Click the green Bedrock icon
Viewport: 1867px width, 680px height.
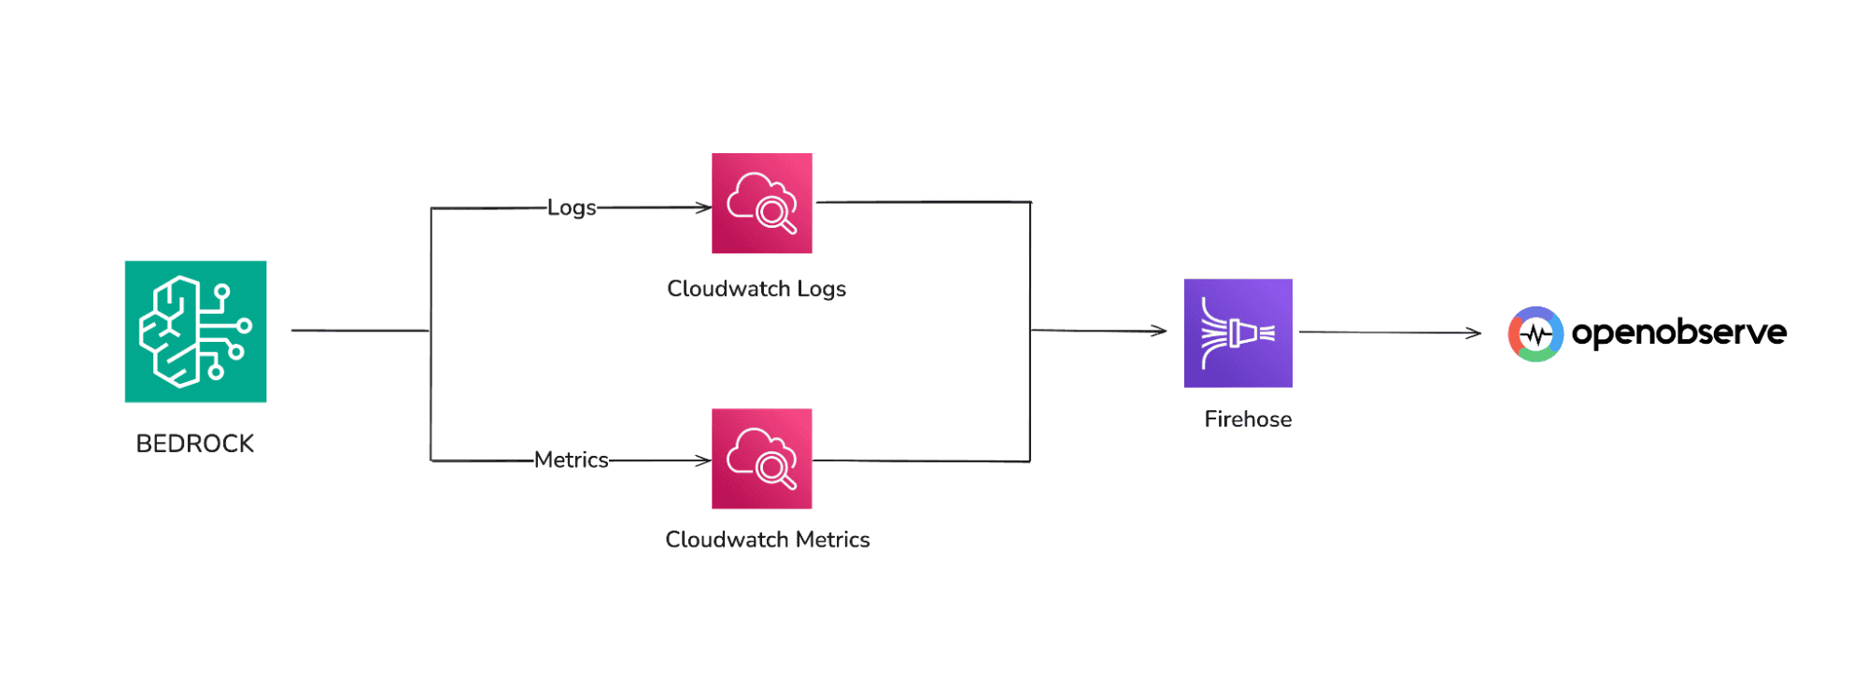[195, 332]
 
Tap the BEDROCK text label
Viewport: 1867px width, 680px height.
[194, 444]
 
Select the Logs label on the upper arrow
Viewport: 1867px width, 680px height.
[571, 207]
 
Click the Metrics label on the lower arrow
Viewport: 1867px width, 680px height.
[571, 460]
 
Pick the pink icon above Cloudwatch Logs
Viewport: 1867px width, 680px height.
[761, 203]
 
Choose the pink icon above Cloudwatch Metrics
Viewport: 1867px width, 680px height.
[761, 459]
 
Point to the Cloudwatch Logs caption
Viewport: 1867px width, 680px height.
[756, 289]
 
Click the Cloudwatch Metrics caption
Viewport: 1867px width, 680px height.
[767, 540]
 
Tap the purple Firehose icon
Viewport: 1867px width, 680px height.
[1238, 333]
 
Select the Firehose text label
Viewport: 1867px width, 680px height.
[1247, 419]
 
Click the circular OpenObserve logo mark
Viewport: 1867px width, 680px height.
[1535, 333]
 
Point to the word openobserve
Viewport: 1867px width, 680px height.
[1678, 333]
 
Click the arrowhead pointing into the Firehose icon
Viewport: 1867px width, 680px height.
[1160, 331]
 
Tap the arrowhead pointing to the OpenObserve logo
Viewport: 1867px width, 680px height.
[1474, 333]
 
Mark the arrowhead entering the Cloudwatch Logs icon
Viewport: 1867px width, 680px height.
[704, 207]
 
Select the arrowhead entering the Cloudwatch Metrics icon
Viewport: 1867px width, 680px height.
[704, 460]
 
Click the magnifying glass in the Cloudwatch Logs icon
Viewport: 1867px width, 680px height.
[775, 215]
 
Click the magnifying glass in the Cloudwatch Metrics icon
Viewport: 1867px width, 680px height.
[775, 470]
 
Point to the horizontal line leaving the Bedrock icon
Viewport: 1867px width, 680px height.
[360, 330]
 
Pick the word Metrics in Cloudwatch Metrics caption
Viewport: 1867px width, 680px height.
[832, 540]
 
